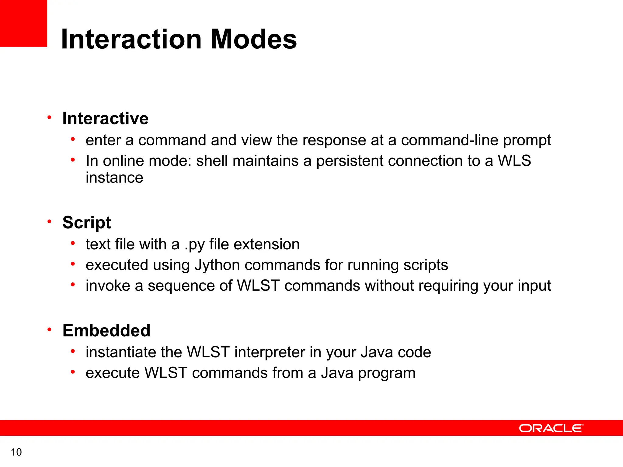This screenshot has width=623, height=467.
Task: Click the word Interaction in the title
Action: (131, 39)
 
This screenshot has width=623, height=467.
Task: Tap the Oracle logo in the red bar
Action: (551, 428)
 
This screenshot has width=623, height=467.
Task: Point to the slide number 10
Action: (16, 452)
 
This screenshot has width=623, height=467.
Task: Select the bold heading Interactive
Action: (105, 118)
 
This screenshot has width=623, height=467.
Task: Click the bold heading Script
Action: (87, 223)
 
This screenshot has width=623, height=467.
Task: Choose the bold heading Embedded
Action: (106, 330)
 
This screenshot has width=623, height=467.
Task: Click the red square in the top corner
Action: (23, 23)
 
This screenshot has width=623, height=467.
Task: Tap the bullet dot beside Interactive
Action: (49, 117)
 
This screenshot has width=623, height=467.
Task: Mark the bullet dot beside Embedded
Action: (49, 329)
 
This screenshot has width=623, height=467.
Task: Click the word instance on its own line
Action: (114, 178)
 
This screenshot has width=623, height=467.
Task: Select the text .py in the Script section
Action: (194, 245)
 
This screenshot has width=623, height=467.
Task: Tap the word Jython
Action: (217, 265)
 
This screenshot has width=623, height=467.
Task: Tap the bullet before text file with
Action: (73, 243)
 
